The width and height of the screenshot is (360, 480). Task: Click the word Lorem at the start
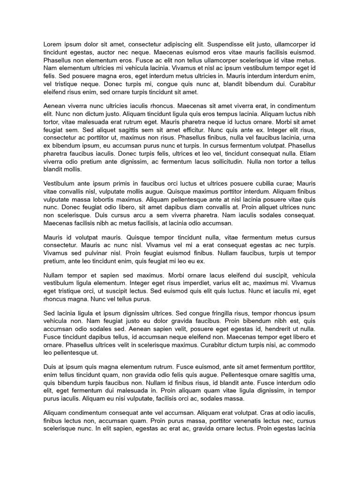[x=53, y=45]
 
